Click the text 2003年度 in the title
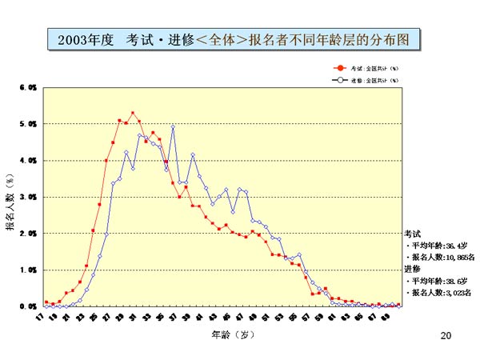85,39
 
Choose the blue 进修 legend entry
369,80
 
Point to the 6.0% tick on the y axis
27,87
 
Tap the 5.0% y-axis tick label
27,124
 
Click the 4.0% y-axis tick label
27,160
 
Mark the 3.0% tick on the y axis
27,197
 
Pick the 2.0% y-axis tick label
27,234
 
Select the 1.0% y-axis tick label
27,270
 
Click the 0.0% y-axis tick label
27,306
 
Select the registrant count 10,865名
457,258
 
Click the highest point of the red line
133,114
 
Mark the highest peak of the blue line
172,126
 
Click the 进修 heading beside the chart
412,270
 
